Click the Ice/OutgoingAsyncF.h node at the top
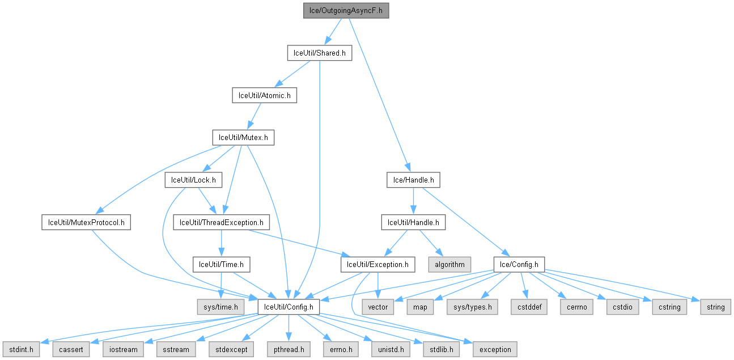(x=346, y=11)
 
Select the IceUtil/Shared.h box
(x=319, y=53)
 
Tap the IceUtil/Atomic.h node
(x=264, y=95)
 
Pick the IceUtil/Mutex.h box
(x=243, y=137)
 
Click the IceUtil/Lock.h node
(x=193, y=180)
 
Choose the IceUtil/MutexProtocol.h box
(x=86, y=222)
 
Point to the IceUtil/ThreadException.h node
(x=221, y=222)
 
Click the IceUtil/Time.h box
(x=221, y=264)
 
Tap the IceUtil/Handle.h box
(x=413, y=222)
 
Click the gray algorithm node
(x=450, y=264)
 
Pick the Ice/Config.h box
(x=519, y=264)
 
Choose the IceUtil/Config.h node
(x=288, y=307)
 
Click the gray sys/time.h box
(x=220, y=307)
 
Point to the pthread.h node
(x=288, y=349)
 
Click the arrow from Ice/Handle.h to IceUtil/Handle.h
(x=413, y=201)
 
